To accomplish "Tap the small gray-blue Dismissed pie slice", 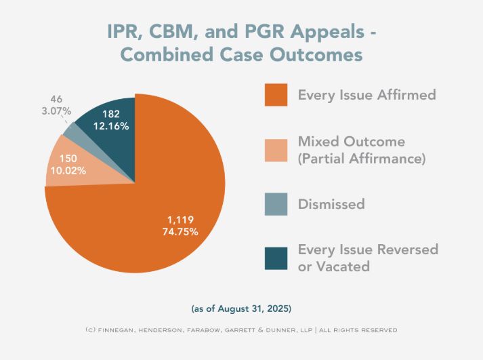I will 70,128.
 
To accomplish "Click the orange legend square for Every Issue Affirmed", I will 276,96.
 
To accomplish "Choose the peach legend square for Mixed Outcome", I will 276,150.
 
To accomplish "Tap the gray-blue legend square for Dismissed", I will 276,204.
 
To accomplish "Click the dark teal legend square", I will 276,258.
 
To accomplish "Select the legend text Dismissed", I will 331,204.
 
